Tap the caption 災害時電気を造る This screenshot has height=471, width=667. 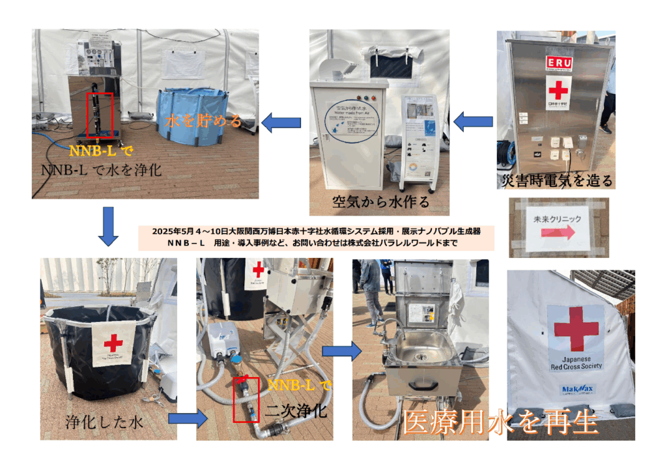click(x=556, y=180)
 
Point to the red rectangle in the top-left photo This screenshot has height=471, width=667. click(x=100, y=115)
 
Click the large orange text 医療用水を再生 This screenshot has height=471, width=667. click(x=500, y=423)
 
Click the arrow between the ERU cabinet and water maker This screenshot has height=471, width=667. click(x=473, y=121)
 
